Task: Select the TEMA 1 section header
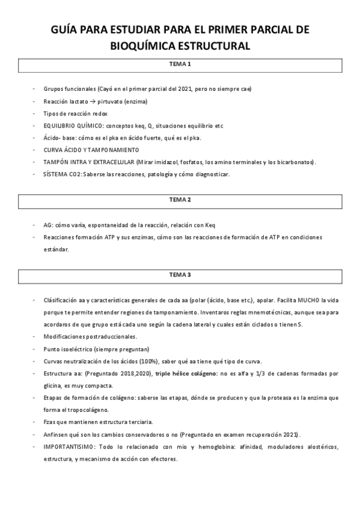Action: point(180,64)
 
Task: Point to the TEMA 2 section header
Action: point(180,199)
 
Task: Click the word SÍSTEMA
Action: point(56,174)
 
